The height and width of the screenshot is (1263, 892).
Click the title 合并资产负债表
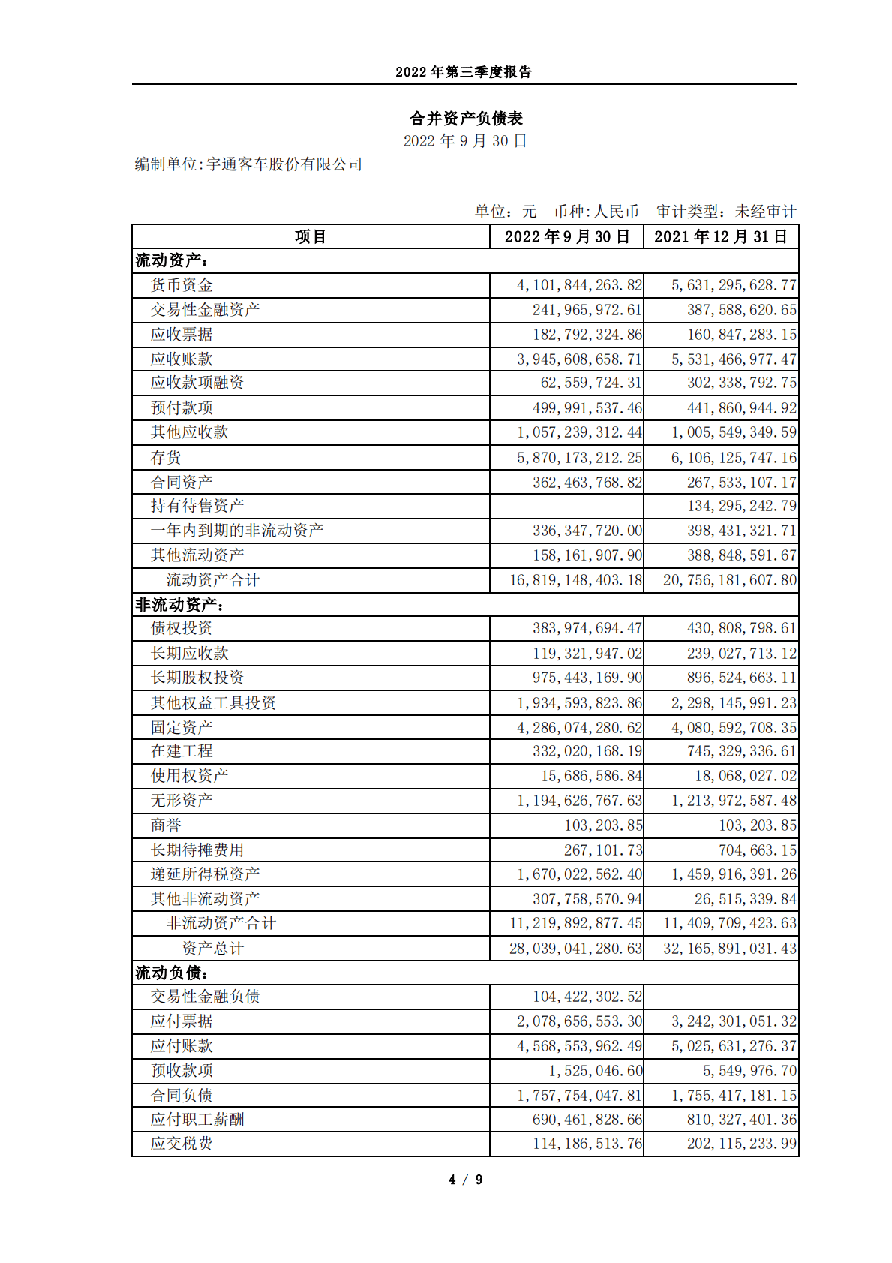(466, 118)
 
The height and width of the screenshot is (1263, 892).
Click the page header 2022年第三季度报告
(464, 72)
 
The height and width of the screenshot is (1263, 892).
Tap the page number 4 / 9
(465, 1180)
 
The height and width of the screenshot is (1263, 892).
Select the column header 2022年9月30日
(566, 237)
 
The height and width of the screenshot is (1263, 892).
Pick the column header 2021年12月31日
(720, 237)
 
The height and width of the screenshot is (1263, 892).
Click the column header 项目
(311, 237)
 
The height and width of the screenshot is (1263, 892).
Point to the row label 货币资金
(182, 285)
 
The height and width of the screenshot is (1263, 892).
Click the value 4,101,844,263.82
(579, 285)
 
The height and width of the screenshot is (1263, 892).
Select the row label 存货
(166, 458)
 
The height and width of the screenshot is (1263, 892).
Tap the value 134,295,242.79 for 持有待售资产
(741, 506)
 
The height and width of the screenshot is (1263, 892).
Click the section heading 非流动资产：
(180, 605)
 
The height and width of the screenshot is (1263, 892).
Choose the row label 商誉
(166, 825)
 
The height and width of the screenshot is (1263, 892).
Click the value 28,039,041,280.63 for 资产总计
(575, 949)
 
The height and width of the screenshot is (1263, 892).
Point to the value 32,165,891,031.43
(729, 949)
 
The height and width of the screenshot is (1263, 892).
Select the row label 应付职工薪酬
(197, 1120)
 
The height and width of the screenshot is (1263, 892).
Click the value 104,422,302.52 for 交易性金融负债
(587, 997)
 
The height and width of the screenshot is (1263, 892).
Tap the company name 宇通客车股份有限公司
(284, 164)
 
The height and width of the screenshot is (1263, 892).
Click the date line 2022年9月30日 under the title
(465, 141)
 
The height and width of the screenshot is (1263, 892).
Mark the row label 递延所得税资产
(206, 874)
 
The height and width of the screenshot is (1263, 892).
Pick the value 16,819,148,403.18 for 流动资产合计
(575, 580)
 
